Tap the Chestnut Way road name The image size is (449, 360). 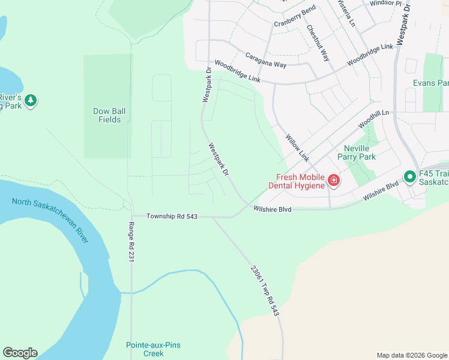[x=318, y=43]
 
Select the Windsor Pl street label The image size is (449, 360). [x=385, y=3]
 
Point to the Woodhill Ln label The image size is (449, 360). [x=373, y=118]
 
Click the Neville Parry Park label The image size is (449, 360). [x=360, y=152]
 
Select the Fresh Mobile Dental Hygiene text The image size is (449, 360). [x=300, y=181]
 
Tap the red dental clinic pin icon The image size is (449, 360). [x=333, y=179]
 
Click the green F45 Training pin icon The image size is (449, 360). [x=409, y=176]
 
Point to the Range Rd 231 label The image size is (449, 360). [x=131, y=242]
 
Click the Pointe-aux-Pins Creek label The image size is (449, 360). [x=153, y=349]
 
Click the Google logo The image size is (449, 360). [x=20, y=353]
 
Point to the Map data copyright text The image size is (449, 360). [x=411, y=355]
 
